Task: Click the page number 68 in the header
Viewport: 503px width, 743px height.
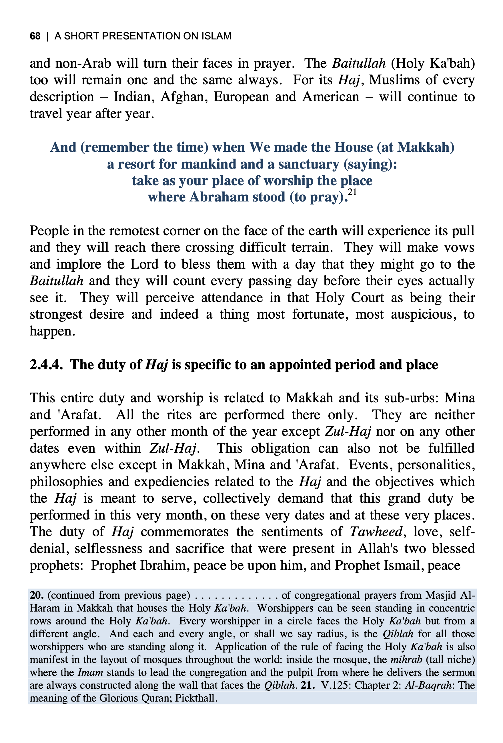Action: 35,36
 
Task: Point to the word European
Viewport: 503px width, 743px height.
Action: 241,97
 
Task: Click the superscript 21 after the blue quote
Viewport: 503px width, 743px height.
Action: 352,192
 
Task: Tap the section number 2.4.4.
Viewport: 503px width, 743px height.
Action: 46,365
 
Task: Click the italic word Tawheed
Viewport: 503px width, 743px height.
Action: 376,532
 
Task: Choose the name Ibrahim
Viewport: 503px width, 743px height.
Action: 163,565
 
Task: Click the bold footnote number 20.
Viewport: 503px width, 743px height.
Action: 37,595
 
